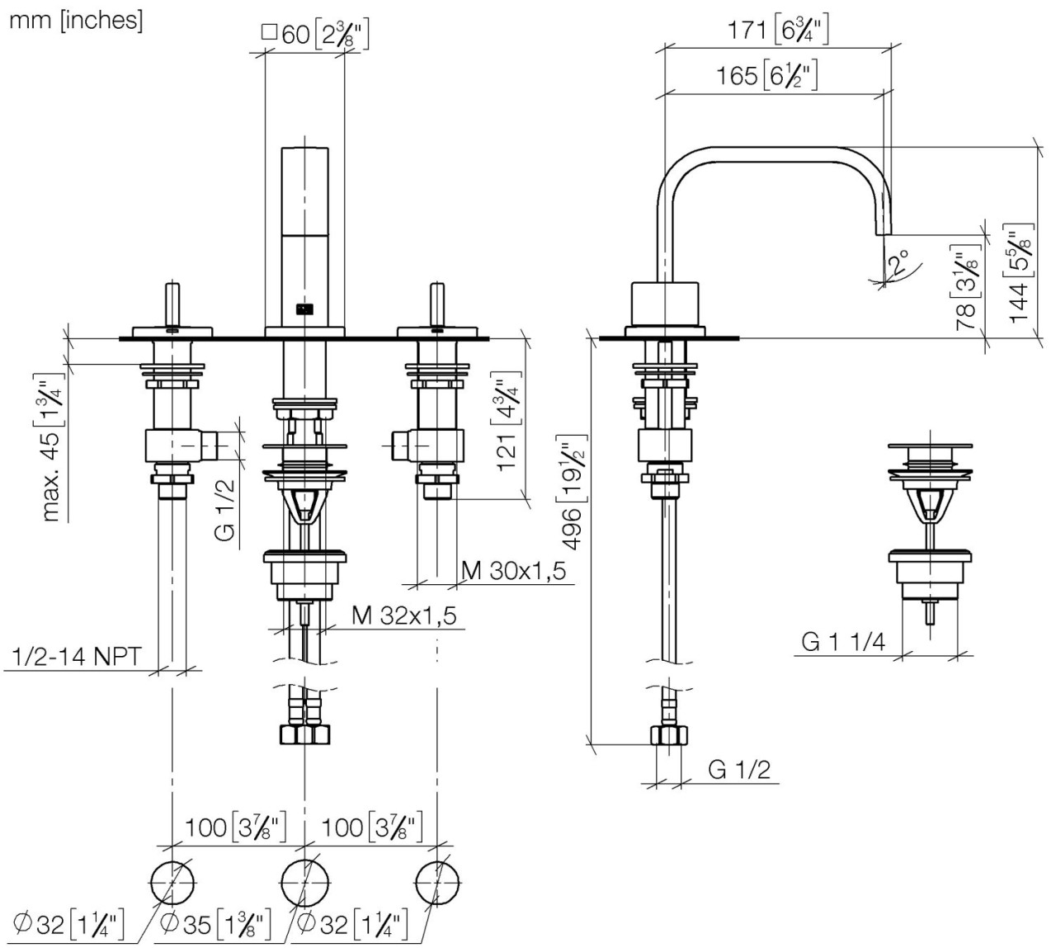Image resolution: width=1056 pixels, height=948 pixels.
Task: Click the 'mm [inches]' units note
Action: pos(76,21)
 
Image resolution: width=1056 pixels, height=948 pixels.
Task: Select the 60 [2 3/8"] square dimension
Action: pos(314,35)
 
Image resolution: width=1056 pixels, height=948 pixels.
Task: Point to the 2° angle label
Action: pos(897,263)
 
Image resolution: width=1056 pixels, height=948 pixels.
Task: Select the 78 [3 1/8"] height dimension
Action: pos(967,289)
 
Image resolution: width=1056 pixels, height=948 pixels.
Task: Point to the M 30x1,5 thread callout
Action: pos(513,570)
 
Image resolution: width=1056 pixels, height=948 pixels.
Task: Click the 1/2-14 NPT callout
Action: pos(78,657)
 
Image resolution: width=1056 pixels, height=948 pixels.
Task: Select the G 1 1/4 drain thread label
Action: pos(843,641)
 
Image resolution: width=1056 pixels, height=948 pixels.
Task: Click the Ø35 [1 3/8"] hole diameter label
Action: pos(216,925)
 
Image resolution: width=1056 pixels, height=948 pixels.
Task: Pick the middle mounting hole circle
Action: pos(304,882)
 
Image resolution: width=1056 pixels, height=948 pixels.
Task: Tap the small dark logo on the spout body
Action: pos(304,310)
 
